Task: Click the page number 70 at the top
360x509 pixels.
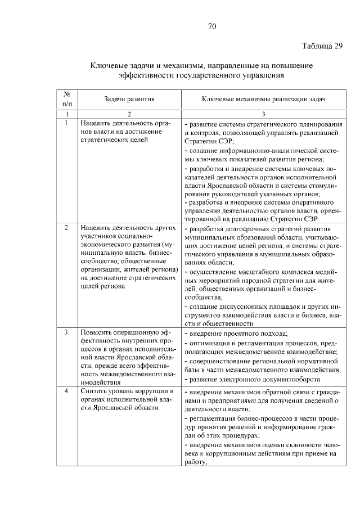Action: pos(211,26)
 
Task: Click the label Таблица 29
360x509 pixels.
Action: pos(321,46)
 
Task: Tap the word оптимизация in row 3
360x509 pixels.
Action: pos(209,343)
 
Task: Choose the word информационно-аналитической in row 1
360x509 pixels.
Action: pos(262,151)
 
